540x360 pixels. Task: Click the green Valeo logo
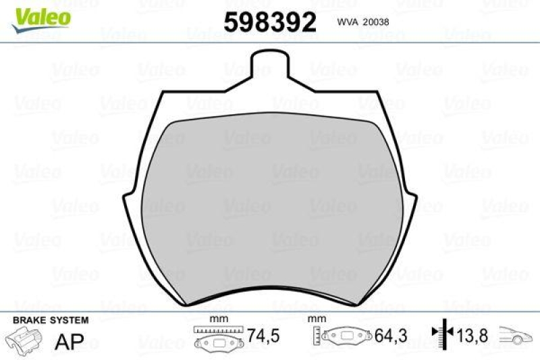(39, 15)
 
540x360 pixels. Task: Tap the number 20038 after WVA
(376, 21)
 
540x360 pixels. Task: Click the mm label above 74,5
(217, 318)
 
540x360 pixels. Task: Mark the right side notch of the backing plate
(411, 200)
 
